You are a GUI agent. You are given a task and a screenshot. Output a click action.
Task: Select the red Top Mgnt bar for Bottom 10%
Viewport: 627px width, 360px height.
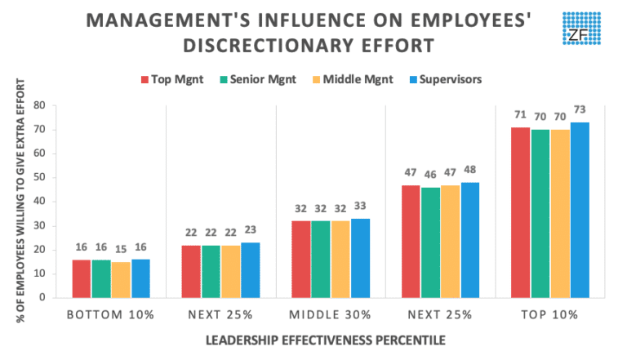pos(81,278)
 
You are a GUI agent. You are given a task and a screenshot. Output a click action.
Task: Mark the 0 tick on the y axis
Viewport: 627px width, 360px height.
pos(53,298)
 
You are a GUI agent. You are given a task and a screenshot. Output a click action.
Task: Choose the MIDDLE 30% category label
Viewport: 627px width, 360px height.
pos(331,314)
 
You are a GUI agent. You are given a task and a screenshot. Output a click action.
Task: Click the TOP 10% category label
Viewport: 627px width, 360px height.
pos(549,314)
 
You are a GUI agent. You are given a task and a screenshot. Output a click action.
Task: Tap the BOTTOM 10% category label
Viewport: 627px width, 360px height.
pos(111,314)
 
